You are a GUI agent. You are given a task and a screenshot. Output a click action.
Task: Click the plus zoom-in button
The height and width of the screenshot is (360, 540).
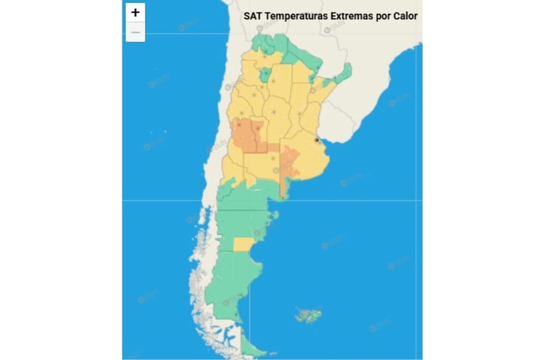point(135,12)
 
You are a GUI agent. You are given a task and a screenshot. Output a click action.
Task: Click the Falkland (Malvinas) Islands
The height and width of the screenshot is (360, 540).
point(308,315)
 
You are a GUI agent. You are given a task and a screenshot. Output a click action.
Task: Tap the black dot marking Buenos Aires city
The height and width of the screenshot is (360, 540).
point(317,141)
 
